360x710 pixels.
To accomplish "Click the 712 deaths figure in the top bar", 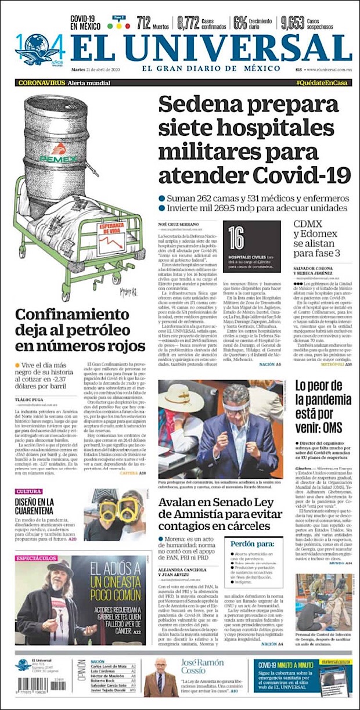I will pos(144,23).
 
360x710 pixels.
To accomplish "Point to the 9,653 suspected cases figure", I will pos(293,23).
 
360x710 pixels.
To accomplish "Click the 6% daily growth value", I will pos(240,23).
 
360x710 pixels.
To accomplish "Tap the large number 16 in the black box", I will pos(236,238).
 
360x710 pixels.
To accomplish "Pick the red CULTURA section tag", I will pos(28,492).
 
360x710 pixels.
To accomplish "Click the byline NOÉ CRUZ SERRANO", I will pos(177,224).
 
